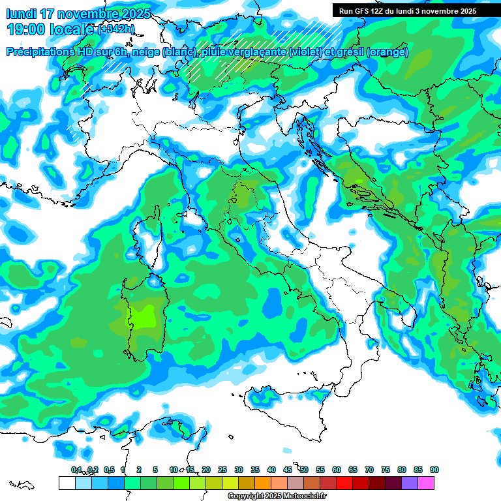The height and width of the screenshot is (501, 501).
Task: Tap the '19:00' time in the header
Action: coord(27,29)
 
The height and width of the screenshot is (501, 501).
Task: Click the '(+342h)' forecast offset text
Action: coord(116,29)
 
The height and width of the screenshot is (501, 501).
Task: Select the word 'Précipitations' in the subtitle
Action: coord(41,52)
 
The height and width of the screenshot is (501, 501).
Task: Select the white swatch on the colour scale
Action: coord(67,483)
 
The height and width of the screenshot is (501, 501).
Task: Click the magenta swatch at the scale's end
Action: coord(426,483)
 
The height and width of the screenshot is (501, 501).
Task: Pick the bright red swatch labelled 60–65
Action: coord(344,483)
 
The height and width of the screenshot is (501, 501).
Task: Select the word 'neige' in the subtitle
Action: coord(146,52)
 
